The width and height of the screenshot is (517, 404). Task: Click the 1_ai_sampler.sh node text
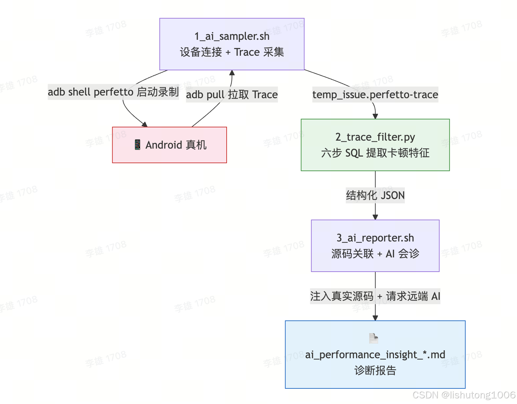coord(232,36)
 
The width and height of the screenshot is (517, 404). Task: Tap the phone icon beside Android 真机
coord(137,145)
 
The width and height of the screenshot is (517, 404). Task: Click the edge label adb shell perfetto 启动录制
coord(113,92)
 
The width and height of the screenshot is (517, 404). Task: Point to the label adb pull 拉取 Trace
coord(232,95)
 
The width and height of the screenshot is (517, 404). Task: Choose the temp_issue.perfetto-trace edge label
coord(375,95)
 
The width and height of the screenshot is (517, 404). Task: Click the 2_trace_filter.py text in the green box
coord(375,137)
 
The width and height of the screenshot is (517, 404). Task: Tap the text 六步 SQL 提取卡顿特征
coord(375,153)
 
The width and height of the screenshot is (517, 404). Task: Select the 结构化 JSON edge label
coord(375,195)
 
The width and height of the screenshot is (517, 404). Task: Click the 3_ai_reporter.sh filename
coord(375,238)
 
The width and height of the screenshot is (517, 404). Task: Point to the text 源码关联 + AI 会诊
coord(375,254)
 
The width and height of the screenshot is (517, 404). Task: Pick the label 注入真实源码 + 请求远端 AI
coord(375,296)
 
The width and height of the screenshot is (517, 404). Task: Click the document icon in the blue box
coord(374,338)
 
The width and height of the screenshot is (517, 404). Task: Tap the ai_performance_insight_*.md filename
coord(375,355)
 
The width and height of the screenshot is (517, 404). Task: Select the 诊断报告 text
coord(375,370)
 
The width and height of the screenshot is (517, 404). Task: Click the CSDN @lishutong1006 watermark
coord(464,395)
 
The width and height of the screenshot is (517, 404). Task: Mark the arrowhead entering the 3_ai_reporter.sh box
coord(375,217)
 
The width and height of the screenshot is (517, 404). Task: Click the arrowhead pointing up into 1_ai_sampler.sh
coord(232,73)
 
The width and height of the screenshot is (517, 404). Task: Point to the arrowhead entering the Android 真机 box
coord(144,124)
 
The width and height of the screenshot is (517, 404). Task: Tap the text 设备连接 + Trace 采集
coord(232,52)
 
